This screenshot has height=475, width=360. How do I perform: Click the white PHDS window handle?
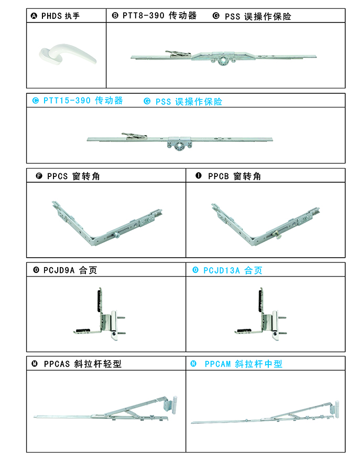(68, 54)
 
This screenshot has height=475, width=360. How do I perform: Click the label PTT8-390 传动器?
(159, 16)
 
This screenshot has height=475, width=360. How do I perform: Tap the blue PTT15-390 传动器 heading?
(83, 101)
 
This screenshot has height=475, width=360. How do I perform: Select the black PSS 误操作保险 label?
(258, 16)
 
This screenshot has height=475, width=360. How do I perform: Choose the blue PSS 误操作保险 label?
(189, 102)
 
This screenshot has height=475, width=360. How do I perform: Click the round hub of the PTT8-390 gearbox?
(223, 61)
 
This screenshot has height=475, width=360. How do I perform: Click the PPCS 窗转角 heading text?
(73, 176)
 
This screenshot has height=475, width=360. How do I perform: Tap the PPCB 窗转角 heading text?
(234, 176)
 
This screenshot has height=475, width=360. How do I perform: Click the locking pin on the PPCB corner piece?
(277, 235)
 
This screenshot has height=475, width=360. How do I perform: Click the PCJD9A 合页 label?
(70, 270)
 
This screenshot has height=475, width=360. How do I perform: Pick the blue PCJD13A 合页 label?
(233, 270)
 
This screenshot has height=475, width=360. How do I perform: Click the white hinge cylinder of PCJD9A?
(113, 322)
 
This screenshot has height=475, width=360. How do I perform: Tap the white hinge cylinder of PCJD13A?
(275, 322)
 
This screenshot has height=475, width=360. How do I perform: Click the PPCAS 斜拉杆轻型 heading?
(82, 363)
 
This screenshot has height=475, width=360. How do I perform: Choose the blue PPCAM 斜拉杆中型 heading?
(243, 363)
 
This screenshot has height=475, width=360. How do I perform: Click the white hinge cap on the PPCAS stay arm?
(174, 404)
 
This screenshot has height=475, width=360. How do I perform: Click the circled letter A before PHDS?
(34, 16)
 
